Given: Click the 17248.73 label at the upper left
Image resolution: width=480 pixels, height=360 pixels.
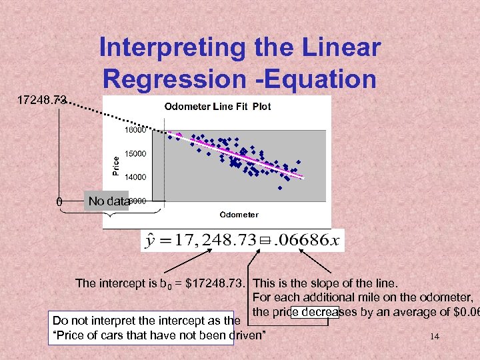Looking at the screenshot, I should click(41, 100).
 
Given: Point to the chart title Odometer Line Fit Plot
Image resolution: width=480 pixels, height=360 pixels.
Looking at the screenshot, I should click(217, 107).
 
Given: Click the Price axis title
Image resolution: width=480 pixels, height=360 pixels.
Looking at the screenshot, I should click(115, 162).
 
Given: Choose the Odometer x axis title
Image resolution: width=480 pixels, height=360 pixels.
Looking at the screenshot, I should click(239, 214).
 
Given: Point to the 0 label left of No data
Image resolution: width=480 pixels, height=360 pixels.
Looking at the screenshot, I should click(59, 201).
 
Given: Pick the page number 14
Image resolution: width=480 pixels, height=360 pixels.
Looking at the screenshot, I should click(435, 337).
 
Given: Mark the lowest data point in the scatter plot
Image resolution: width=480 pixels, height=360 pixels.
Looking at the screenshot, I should click(280, 187).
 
